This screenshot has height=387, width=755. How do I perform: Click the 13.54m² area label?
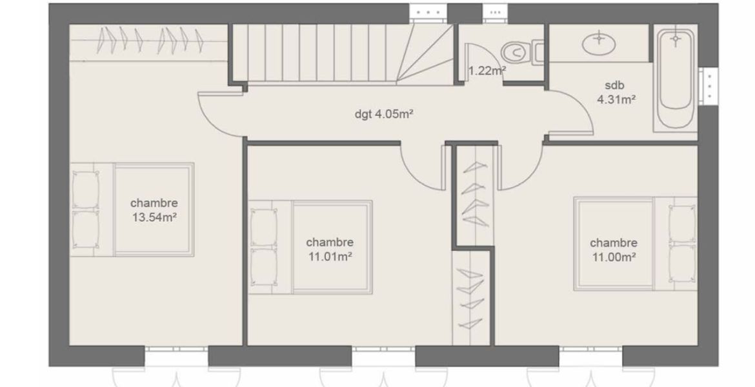click(154, 217)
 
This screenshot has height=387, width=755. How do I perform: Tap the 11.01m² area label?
click(330, 257)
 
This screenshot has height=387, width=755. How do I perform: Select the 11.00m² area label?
click(614, 257)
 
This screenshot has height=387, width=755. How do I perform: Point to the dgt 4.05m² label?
click(384, 114)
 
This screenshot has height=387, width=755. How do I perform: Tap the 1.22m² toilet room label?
click(487, 71)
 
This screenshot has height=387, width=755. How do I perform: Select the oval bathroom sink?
click(599, 45)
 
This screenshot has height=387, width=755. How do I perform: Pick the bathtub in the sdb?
click(676, 79)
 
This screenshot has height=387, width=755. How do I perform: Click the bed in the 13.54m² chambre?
click(132, 210)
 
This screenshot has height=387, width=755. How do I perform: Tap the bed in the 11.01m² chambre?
click(310, 247)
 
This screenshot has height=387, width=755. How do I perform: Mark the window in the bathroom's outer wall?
click(709, 86)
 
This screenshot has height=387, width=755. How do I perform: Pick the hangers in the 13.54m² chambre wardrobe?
click(151, 40)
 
